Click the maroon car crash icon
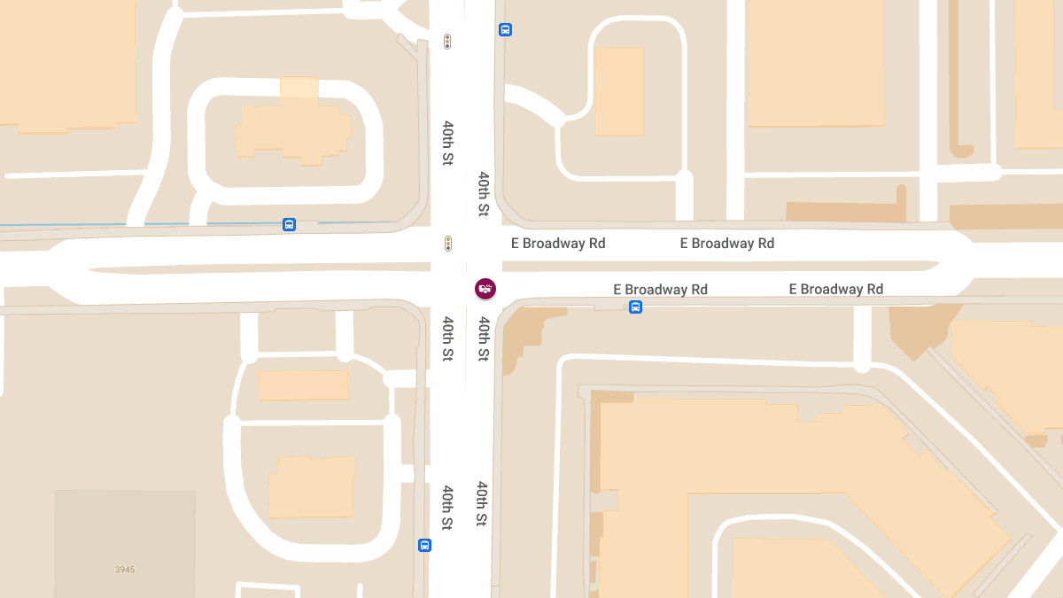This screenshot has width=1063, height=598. [x=485, y=288]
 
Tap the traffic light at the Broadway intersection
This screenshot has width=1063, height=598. [x=448, y=243]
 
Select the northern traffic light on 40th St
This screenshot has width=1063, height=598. [x=447, y=42]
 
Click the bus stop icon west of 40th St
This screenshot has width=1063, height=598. [x=289, y=224]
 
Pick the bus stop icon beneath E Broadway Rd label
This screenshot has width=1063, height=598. [x=635, y=307]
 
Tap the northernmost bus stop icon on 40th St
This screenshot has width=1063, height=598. [x=505, y=29]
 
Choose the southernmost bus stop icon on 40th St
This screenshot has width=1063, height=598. [x=424, y=545]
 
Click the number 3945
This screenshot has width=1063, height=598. [x=125, y=570]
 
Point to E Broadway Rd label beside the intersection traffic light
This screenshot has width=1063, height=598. [x=558, y=243]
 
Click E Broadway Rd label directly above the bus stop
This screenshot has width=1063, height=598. [x=661, y=289]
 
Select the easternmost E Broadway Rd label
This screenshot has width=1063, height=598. [x=836, y=289]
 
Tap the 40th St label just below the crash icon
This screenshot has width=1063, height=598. [x=483, y=338]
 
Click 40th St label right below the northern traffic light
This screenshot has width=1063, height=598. [x=448, y=143]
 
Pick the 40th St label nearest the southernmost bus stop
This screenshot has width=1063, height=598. [x=448, y=508]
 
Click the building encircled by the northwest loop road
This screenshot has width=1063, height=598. [x=292, y=133]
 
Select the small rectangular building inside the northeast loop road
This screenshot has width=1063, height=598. [x=619, y=91]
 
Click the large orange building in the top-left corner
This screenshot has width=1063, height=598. [x=66, y=62]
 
